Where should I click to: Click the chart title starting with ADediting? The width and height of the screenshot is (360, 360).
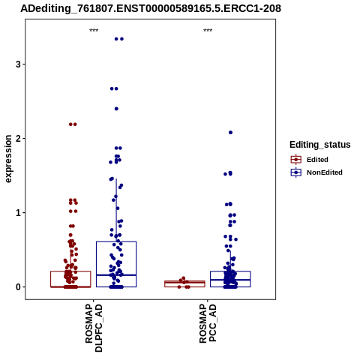[151, 9]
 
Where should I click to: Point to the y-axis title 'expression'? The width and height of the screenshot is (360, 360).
[8, 159]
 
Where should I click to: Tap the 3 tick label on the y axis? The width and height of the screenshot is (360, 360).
[18, 64]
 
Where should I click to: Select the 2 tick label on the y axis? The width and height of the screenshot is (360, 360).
[18, 139]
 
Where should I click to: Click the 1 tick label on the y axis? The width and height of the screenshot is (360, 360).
[18, 213]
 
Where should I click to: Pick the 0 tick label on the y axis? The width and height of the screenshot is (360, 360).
[18, 287]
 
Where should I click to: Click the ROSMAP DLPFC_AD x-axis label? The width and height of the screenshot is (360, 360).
[94, 328]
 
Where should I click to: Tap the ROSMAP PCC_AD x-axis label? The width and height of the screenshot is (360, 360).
[208, 323]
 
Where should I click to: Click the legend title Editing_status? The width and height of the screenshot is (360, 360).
[320, 145]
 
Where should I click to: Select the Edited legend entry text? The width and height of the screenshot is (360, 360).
[317, 160]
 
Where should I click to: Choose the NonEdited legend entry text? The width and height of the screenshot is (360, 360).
[325, 172]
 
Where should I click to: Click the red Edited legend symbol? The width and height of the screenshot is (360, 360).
[296, 160]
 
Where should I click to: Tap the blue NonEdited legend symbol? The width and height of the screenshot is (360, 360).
[296, 172]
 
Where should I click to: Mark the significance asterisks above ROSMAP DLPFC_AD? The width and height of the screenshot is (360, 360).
[94, 31]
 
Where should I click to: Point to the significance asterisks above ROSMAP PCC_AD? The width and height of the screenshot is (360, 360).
[208, 31]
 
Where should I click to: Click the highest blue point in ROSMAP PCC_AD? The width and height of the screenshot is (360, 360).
[230, 133]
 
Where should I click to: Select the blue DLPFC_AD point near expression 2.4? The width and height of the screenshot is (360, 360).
[116, 109]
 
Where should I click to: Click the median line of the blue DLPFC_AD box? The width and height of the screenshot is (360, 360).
[116, 275]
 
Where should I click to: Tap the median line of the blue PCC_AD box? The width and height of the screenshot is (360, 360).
[230, 280]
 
